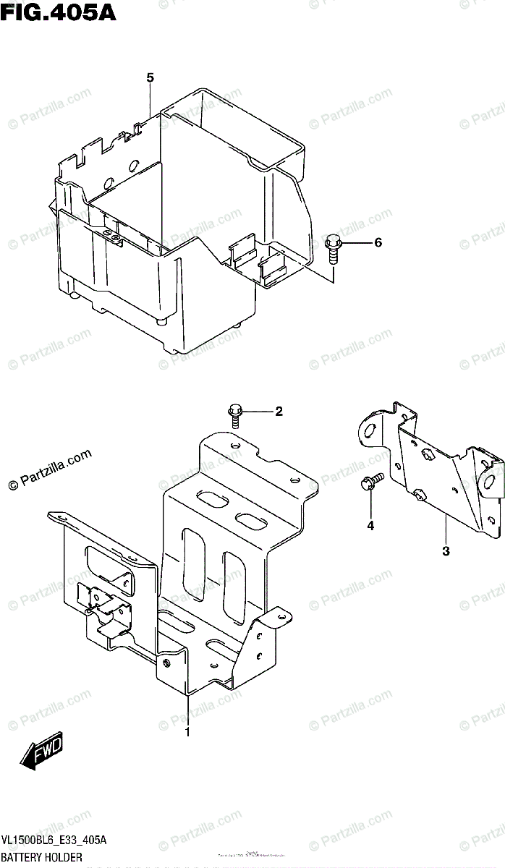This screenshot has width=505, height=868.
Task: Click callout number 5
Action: pyautogui.click(x=150, y=78)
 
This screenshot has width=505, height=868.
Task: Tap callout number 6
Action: pyautogui.click(x=377, y=243)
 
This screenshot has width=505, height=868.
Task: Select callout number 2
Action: pyautogui.click(x=278, y=412)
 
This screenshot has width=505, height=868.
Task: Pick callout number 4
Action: pyautogui.click(x=370, y=527)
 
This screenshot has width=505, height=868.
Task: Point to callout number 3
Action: pyautogui.click(x=446, y=551)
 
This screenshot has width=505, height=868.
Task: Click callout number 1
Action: pyautogui.click(x=187, y=732)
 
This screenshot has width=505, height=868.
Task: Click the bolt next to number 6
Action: pyautogui.click(x=334, y=248)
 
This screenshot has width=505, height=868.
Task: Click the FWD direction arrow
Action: pyautogui.click(x=43, y=752)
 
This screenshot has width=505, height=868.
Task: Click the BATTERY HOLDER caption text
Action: pyautogui.click(x=41, y=857)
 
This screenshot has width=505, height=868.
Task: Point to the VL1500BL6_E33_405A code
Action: pyautogui.click(x=54, y=840)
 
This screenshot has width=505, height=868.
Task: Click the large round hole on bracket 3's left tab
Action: pyautogui.click(x=369, y=433)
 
